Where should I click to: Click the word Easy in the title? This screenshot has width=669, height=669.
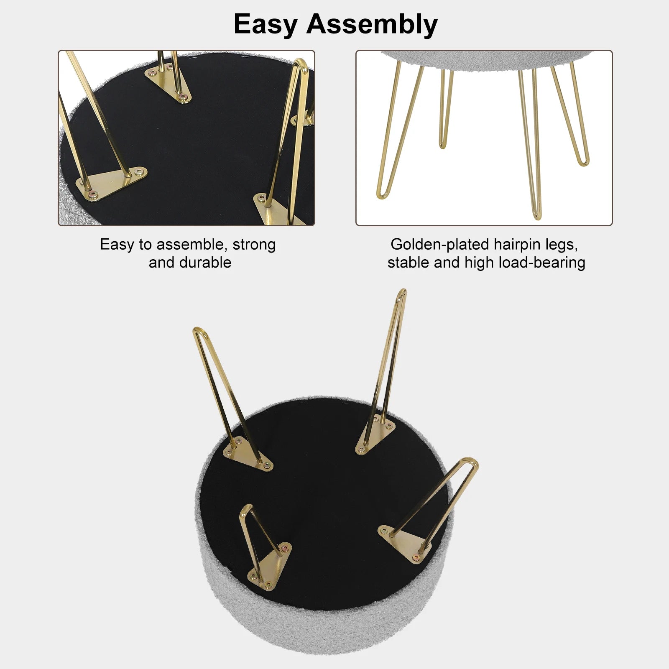point(265,25)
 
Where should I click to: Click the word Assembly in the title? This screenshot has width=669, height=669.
point(372,25)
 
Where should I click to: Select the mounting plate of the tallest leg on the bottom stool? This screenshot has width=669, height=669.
point(375,435)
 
